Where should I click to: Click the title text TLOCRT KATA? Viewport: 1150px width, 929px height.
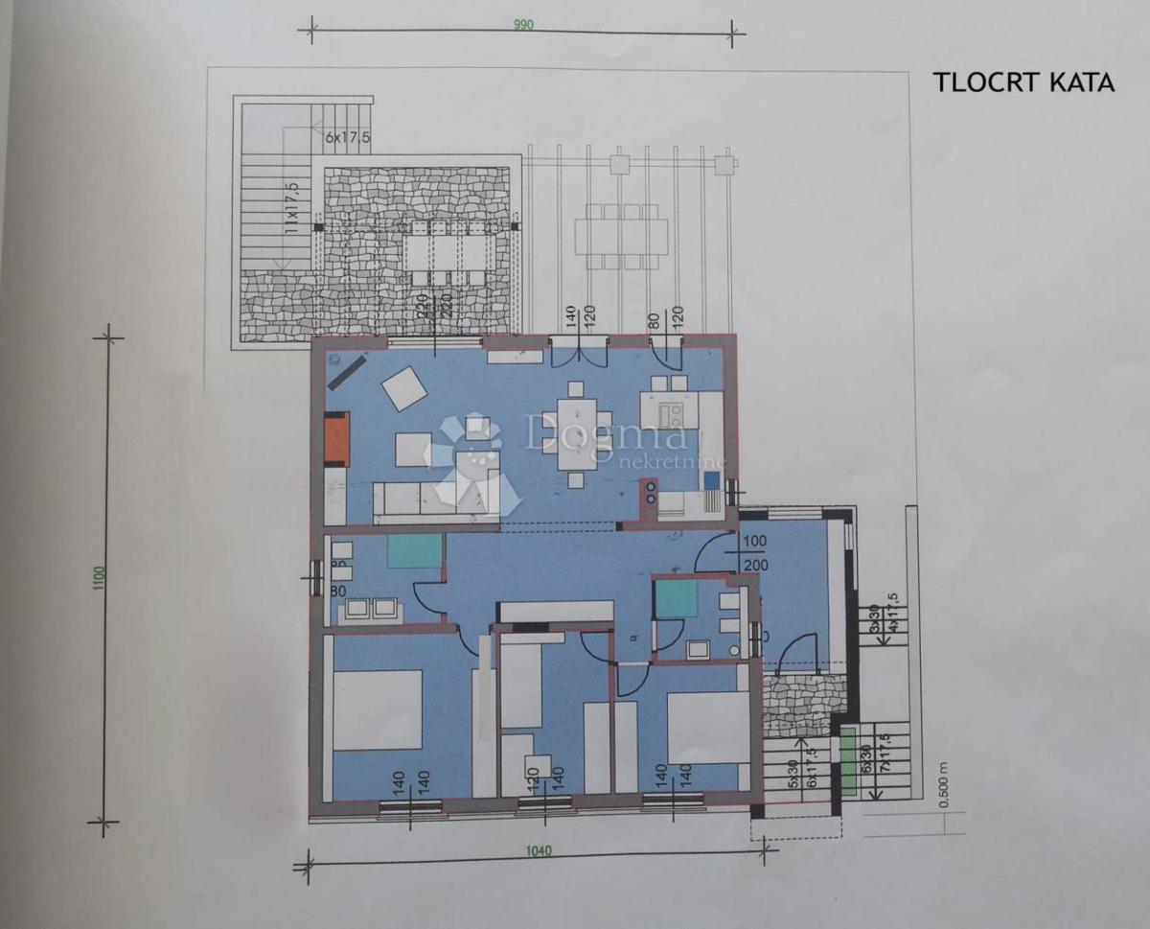coord(1023,82)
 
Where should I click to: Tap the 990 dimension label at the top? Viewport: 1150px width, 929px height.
coord(522,25)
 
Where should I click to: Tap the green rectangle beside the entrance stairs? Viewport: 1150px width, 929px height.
coord(847,761)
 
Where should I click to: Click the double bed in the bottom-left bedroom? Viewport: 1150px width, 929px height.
coord(377,709)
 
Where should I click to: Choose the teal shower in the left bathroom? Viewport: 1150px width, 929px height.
coord(415,551)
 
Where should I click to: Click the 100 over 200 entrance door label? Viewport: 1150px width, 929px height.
coord(755,552)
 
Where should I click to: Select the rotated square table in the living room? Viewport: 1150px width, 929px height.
coord(404,389)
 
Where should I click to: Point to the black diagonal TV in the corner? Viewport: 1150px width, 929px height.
coord(346,372)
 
